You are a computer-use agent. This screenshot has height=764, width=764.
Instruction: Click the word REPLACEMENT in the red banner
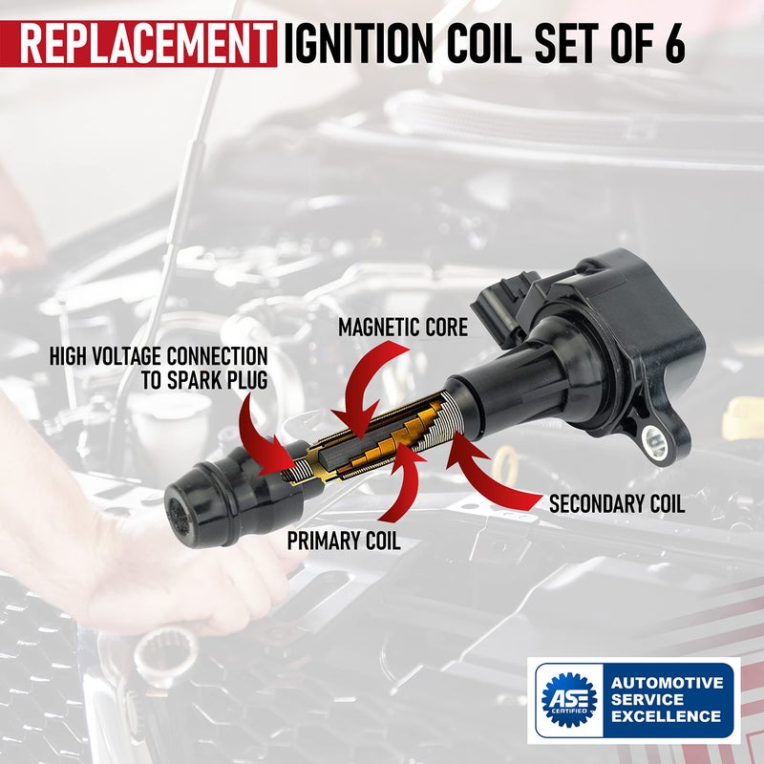(x=143, y=44)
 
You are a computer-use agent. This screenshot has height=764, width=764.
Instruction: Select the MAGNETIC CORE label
(x=403, y=328)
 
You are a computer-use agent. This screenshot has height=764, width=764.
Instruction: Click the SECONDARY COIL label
(x=616, y=504)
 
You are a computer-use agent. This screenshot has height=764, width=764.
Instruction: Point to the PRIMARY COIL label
(x=344, y=541)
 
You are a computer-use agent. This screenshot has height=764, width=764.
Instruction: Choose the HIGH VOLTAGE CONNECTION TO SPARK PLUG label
(x=159, y=369)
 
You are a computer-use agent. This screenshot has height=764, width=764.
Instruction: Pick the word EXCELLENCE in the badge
(x=667, y=716)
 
